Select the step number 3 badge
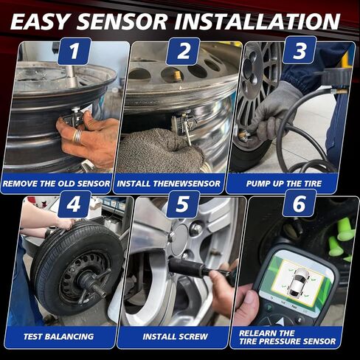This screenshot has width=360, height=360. pyautogui.click(x=300, y=50)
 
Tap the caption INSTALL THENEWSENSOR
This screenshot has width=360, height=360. pyautogui.click(x=181, y=181)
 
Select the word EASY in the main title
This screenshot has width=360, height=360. pyautogui.click(x=51, y=19)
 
